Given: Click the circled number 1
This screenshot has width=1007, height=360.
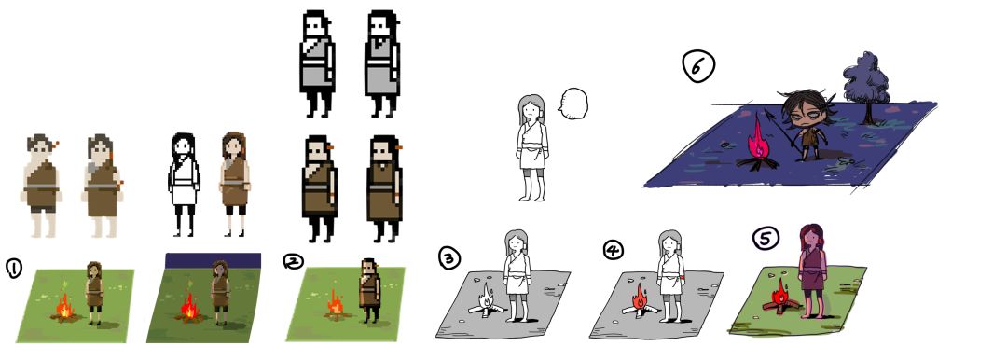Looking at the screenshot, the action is (13, 268).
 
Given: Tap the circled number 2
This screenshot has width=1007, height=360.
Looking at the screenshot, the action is (293, 261).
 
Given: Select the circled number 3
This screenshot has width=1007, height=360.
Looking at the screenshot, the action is (449, 257).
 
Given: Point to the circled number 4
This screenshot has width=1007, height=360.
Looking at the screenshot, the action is (614, 249).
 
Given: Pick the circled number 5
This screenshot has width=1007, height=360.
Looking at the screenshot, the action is (766, 239).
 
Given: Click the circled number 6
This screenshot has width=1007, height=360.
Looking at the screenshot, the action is (698, 67).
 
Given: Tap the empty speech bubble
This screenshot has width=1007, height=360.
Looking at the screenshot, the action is (572, 104).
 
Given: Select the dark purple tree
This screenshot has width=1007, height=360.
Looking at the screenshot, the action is (866, 87).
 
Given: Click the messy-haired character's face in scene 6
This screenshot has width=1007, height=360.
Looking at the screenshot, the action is (804, 115).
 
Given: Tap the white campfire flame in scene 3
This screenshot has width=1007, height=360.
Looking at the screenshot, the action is (488, 297).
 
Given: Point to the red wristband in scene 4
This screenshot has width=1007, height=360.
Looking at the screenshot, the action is (682, 278).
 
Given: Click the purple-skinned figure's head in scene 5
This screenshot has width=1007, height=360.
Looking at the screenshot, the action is (812, 237).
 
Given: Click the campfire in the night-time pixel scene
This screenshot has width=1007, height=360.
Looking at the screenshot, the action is (188, 308).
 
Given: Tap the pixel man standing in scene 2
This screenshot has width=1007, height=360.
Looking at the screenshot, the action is (369, 289).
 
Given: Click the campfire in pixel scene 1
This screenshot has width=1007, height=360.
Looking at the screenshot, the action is (64, 306).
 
